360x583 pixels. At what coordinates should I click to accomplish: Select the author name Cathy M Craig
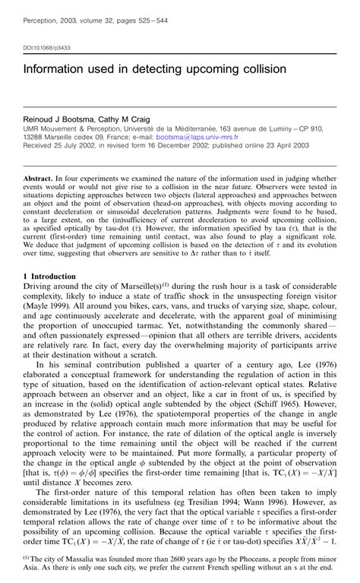[x=124, y=120]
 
